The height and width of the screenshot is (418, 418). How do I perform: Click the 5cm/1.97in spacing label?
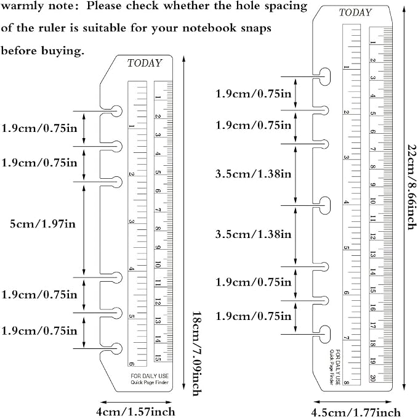[x=42, y=224]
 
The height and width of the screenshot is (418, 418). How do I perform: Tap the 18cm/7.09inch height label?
[x=197, y=354]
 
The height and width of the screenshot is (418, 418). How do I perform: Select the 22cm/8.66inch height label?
[x=411, y=187]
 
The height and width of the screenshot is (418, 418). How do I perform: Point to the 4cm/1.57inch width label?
[x=135, y=412]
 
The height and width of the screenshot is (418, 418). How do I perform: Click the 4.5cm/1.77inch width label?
[x=356, y=412]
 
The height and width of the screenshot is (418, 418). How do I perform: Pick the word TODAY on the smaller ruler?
[x=145, y=64]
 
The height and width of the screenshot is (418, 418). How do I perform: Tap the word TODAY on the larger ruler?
[x=355, y=12]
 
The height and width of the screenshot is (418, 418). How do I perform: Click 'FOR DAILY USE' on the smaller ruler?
[x=150, y=376]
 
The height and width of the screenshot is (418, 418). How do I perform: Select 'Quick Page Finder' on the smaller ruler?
[x=150, y=382]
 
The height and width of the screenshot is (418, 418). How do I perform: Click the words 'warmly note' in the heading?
[x=37, y=6]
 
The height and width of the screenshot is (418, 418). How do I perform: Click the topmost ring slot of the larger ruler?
[x=324, y=76]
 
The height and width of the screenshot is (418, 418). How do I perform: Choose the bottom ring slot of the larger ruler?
[x=324, y=334]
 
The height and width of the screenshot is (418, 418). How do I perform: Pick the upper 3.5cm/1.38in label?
[x=253, y=174]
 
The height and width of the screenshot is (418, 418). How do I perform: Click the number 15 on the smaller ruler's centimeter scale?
[x=158, y=358]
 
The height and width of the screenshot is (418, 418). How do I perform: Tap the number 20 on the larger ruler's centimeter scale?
[x=372, y=378]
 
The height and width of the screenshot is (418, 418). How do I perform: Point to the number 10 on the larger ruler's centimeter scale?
[x=372, y=201]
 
